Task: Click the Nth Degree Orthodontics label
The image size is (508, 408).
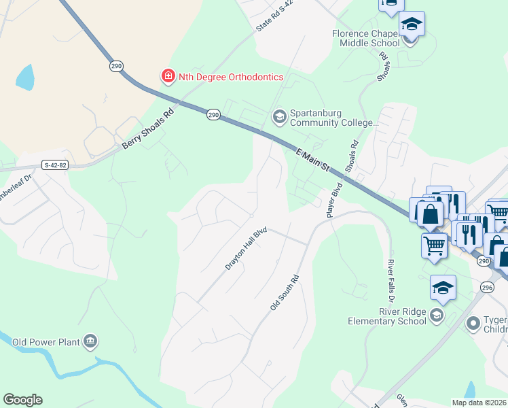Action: click(x=230, y=77)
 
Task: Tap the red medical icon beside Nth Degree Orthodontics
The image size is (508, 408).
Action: click(x=167, y=76)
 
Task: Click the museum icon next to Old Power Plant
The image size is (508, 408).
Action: click(x=90, y=341)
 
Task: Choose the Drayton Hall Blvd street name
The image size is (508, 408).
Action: click(x=247, y=250)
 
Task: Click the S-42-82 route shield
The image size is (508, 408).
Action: click(x=55, y=165)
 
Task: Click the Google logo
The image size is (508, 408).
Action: click(x=22, y=400)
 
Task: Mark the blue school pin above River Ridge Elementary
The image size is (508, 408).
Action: click(x=443, y=288)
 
